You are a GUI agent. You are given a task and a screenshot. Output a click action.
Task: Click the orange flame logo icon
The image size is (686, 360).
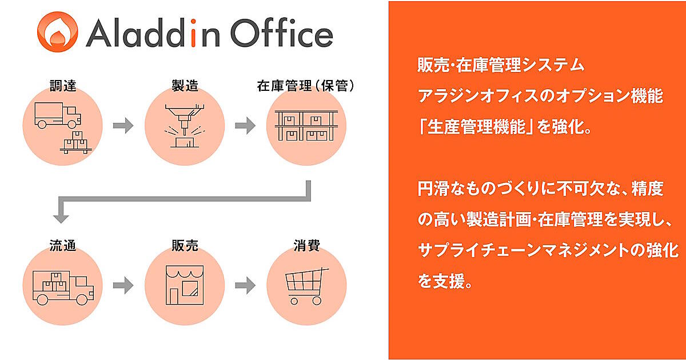(x=58, y=32)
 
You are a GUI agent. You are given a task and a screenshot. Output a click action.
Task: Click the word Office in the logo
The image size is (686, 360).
(x=282, y=33)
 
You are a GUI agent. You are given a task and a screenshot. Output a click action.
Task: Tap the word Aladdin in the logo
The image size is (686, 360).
(x=153, y=33)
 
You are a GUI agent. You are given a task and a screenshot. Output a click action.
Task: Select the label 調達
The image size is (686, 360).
(x=63, y=86)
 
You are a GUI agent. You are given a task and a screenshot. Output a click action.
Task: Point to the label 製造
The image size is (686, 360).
(x=185, y=86)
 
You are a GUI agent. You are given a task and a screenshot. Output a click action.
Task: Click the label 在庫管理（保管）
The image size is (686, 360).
(x=306, y=86)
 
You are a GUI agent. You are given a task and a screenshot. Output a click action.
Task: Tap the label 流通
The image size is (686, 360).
(x=63, y=246)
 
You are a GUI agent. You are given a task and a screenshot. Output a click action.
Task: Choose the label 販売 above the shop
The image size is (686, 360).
(x=185, y=246)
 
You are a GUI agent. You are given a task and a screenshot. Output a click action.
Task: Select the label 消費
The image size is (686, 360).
(x=306, y=246)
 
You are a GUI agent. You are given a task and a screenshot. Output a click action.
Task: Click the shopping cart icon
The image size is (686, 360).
(x=306, y=286)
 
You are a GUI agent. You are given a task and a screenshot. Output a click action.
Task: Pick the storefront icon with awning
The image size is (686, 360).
(x=185, y=285)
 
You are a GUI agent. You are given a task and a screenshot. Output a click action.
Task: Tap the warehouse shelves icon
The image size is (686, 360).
(x=306, y=126)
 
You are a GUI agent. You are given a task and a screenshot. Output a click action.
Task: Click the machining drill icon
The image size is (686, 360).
(x=185, y=126)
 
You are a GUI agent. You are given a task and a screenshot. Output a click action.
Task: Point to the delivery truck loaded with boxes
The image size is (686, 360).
(x=63, y=288)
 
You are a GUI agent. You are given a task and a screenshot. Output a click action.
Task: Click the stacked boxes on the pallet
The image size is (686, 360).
(x=75, y=143)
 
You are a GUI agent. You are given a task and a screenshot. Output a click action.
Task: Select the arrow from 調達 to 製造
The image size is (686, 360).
(x=123, y=126)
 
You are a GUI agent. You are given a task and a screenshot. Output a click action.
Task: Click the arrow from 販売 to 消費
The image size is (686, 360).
(x=245, y=285)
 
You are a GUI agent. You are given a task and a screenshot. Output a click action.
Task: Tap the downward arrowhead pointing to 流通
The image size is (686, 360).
(x=61, y=219)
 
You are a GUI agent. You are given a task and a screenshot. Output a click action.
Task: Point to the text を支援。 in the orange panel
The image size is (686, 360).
(x=445, y=281)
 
